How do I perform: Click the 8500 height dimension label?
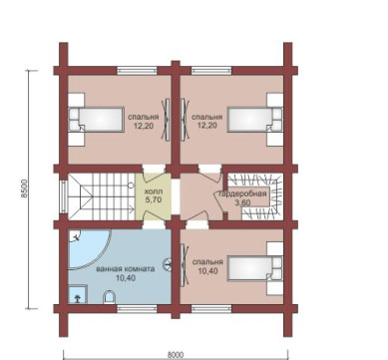[x=24, y=188]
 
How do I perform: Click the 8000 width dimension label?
[x=176, y=355]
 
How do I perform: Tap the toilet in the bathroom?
[x=109, y=297]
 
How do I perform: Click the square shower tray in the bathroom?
[x=78, y=294]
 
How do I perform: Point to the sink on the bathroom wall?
[x=168, y=264]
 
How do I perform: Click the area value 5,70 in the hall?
[x=153, y=200]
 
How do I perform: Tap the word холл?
[x=153, y=192]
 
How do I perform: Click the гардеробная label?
[x=242, y=193]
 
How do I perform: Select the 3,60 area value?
[x=242, y=202]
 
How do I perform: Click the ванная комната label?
[x=126, y=269]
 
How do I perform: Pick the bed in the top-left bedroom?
[x=96, y=120]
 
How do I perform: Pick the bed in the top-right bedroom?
[x=255, y=120]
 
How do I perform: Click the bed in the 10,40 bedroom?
[x=255, y=268]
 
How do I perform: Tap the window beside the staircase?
[x=63, y=196]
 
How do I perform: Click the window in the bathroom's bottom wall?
[x=137, y=309]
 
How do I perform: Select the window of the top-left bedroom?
[x=137, y=71]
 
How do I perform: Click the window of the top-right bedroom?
[x=211, y=71]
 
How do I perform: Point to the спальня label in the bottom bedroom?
[x=207, y=262]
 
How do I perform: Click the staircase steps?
[x=101, y=196]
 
